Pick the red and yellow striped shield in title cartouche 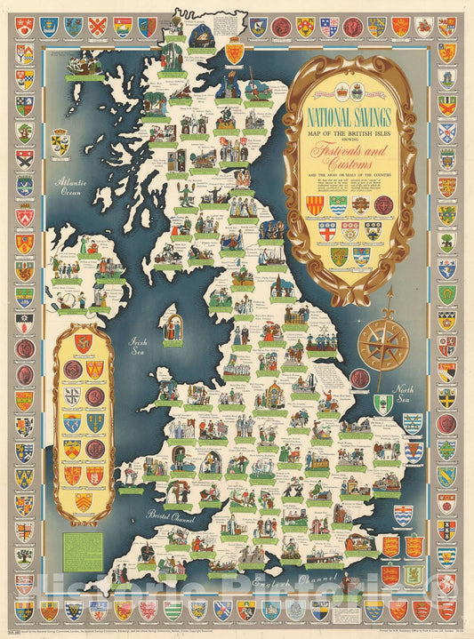click(313, 206)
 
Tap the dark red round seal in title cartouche click(384, 206)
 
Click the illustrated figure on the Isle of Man click(173, 327)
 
